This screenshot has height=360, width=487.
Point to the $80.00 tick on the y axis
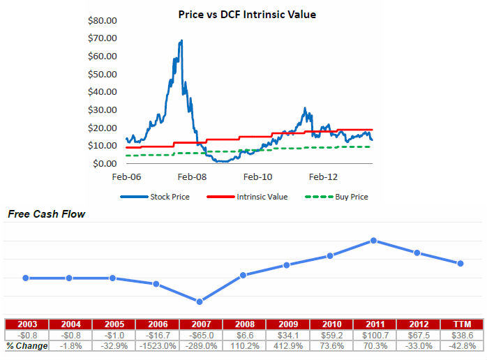[x=102, y=20]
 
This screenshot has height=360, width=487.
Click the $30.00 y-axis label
[x=102, y=110]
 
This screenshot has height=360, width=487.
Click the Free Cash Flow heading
[x=46, y=214]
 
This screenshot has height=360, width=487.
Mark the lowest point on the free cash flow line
[x=200, y=301]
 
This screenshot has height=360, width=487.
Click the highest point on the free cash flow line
[x=374, y=241]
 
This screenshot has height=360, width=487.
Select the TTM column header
[x=460, y=324]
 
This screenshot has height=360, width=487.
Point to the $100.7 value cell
[x=374, y=336]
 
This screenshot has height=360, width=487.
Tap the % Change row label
[x=27, y=346]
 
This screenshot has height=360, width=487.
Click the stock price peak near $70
[x=181, y=41]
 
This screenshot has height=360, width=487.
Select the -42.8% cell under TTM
[x=460, y=346]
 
